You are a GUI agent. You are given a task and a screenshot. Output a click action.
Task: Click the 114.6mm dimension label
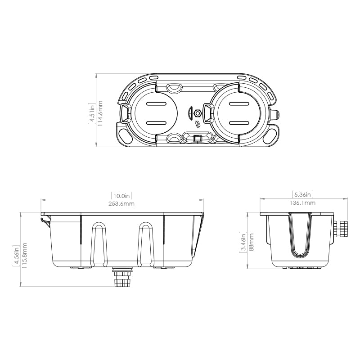tap(100, 113)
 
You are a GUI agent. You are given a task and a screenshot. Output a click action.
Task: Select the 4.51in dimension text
tap(91, 113)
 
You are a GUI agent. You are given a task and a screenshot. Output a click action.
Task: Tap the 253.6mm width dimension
tap(121, 204)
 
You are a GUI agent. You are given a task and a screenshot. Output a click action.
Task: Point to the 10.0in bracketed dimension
tap(121, 196)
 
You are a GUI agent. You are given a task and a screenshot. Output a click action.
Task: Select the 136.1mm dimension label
tap(303, 203)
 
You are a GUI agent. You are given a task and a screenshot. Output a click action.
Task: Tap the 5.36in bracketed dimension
tap(303, 195)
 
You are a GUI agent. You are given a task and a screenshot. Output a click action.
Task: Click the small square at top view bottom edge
tap(196, 139)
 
